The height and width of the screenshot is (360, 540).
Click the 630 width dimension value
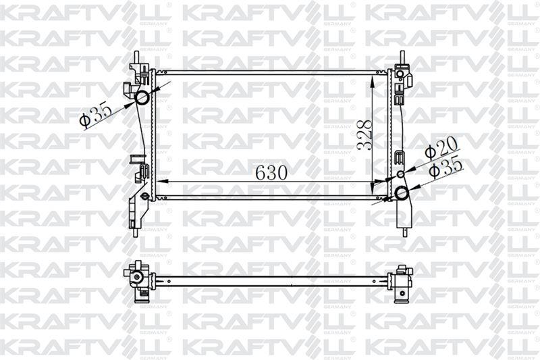pos(271,172)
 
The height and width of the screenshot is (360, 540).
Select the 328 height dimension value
pos(365,134)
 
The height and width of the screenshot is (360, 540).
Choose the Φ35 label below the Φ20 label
pos(446,167)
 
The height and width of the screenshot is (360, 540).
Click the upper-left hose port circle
pos(142,98)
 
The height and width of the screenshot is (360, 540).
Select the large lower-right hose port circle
pos(402,193)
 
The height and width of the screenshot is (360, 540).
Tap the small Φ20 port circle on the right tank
pos(400,175)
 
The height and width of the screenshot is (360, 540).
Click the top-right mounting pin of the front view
pos(402,57)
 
